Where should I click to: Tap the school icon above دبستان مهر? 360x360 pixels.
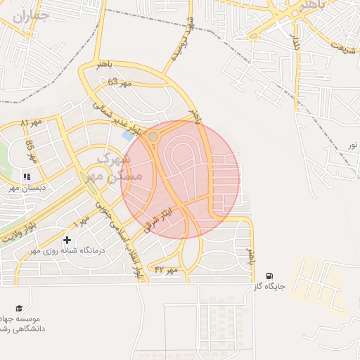tap(27, 176)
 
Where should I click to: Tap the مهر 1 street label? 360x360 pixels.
tap(81, 221)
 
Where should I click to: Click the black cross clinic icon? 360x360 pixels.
tap(67, 240)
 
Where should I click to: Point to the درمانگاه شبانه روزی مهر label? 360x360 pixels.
tap(66, 250)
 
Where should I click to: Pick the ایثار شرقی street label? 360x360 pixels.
tap(157, 215)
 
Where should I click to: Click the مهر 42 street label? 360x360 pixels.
tap(167, 269)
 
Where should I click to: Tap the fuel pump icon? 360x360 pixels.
tap(270, 276)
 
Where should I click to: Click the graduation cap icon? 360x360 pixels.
tap(20, 309)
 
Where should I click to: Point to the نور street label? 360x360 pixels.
tap(352, 145)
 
